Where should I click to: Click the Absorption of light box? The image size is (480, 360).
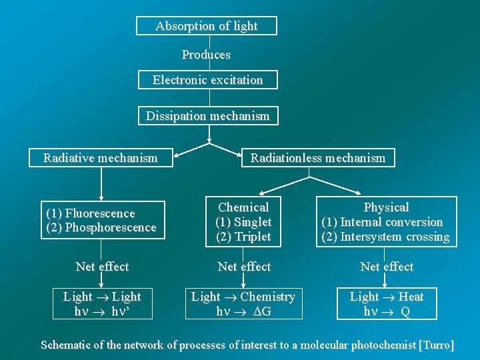pos(206,26)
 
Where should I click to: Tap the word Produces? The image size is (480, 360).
pos(206,55)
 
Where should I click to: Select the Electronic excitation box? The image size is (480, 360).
pos(207,80)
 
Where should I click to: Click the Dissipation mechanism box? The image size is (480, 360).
pos(208,116)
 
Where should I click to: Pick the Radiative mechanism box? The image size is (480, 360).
pos(101,158)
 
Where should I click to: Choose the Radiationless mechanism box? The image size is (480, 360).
pos(317,158)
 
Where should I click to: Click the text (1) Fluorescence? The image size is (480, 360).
pos(90,213)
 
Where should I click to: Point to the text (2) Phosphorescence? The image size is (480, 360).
pos(101,227)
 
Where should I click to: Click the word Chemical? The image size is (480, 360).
pos(243,207)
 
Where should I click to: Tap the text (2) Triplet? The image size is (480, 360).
pos(243,237)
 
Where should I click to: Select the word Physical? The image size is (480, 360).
pos(386,207)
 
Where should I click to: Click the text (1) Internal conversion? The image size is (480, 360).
pos(382,222)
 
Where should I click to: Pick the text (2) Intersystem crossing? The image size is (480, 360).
pos(385,237)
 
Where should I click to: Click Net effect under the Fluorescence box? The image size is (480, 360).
pos(102,267)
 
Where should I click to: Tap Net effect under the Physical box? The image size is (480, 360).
pos(387,267)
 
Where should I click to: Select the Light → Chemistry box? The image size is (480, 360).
pos(243,304)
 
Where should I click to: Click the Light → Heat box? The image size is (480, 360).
pos(387,304)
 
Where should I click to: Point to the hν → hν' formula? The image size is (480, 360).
pos(102,311)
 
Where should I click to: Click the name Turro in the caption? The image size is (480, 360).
pos(436,345)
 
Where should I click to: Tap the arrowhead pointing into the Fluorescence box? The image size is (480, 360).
pos(101,197)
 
